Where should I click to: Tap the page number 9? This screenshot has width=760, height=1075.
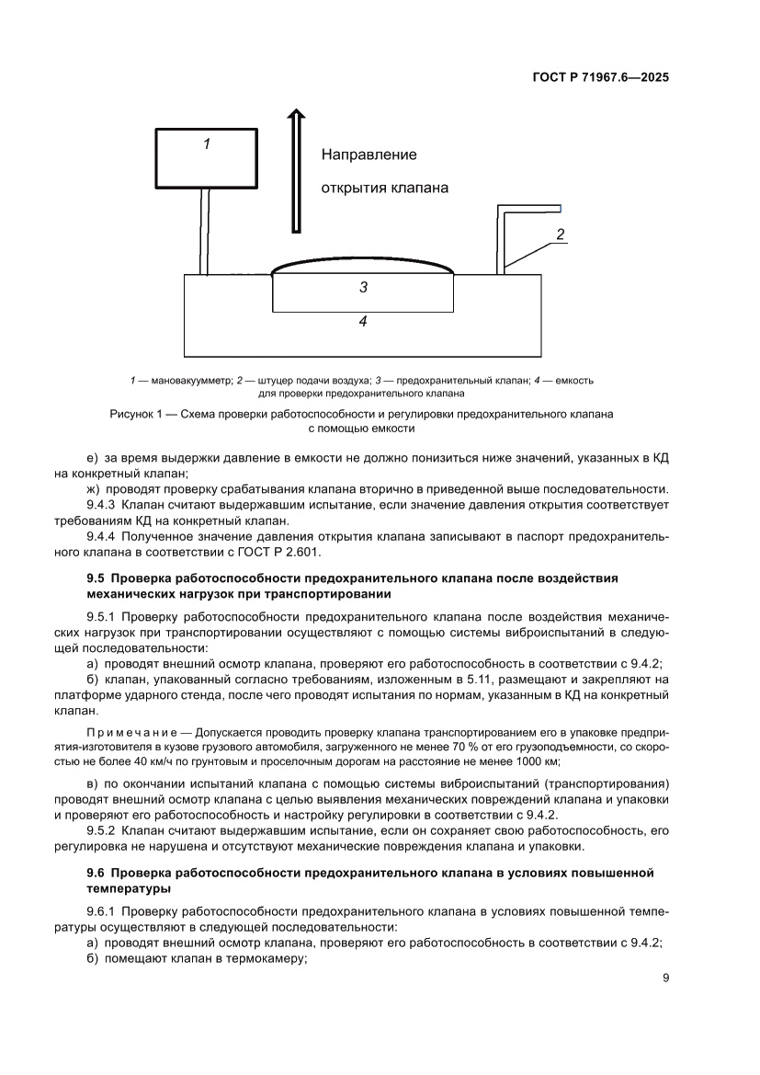pyautogui.click(x=664, y=978)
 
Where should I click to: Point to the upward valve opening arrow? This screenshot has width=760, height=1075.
pyautogui.click(x=295, y=170)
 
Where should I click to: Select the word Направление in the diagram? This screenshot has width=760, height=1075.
pyautogui.click(x=369, y=154)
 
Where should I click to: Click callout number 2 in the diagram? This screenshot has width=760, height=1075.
pyautogui.click(x=559, y=234)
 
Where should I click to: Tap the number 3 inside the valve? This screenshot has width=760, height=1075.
pyautogui.click(x=363, y=288)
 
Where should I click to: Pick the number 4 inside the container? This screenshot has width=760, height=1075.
pyautogui.click(x=363, y=322)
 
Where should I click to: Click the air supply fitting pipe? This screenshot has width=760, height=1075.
pyautogui.click(x=503, y=239)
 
